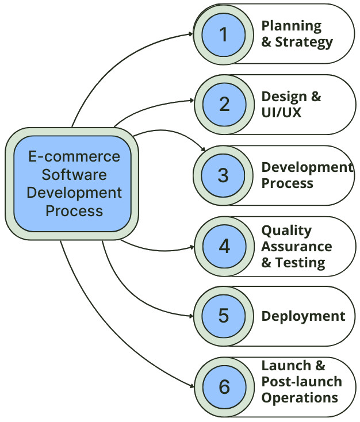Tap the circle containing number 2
point(223,104)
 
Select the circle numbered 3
point(223,175)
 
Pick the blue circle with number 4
point(223,245)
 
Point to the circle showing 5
point(223,316)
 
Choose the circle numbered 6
point(223,386)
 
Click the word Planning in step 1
point(292,26)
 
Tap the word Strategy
point(304,42)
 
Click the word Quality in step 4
point(286,231)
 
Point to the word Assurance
point(297,247)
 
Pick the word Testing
point(300,263)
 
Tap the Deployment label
point(303,316)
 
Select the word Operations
point(299,397)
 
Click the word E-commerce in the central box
point(75,156)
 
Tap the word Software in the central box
point(74,174)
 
